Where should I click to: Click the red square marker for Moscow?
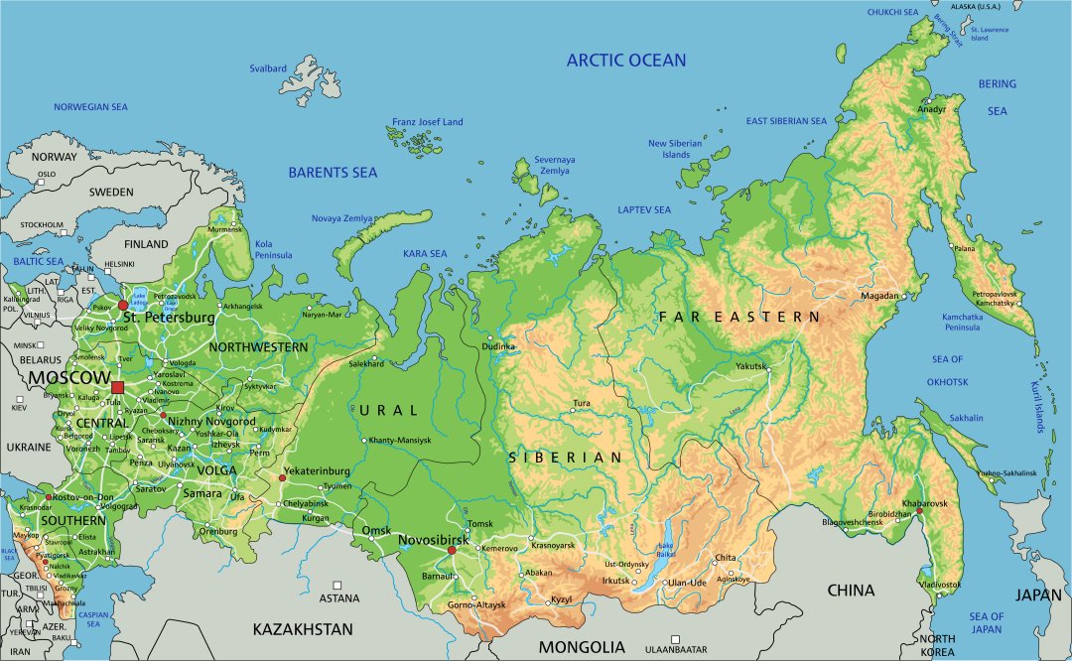click(x=118, y=387)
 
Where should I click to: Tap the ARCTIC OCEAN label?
click(x=625, y=61)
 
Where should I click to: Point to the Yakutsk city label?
click(x=751, y=366)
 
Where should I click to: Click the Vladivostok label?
click(x=941, y=586)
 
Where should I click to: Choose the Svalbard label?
click(x=268, y=68)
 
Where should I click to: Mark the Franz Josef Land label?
click(x=427, y=122)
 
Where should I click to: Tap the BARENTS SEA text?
click(x=333, y=173)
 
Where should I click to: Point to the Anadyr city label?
click(x=932, y=109)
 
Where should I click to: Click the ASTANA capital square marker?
click(x=338, y=586)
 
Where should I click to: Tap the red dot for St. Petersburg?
click(x=123, y=306)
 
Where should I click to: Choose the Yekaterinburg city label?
click(x=317, y=470)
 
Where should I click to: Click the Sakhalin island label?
click(x=966, y=418)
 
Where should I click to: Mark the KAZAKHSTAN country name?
click(x=303, y=629)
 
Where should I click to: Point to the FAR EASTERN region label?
click(x=739, y=317)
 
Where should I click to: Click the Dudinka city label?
click(x=498, y=346)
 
